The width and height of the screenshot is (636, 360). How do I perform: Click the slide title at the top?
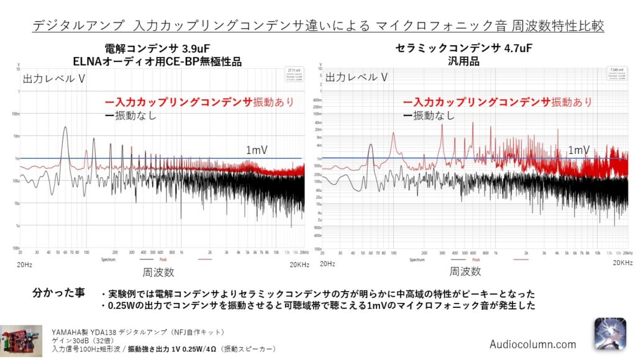point(318,26)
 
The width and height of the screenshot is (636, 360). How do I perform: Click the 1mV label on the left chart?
point(257,150)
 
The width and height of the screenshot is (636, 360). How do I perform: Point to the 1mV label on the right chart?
point(579,150)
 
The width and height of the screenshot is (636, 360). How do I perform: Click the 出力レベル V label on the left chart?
point(54,79)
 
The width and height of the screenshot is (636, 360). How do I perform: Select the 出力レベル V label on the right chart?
point(357,78)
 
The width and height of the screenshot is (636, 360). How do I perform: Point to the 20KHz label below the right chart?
point(622,263)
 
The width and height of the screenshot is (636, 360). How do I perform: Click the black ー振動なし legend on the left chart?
point(130,115)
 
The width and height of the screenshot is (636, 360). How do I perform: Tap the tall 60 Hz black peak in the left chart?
point(65,130)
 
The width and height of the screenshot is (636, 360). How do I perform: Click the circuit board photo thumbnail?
point(21,341)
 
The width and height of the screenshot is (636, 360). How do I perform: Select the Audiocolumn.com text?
point(532,344)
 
